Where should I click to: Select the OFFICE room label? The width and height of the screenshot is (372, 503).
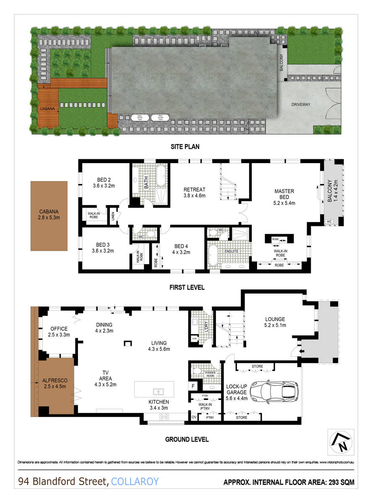(x=59, y=332)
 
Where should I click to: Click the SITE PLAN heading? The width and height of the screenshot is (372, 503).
(x=185, y=147)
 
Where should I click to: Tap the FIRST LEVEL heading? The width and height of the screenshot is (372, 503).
(x=187, y=288)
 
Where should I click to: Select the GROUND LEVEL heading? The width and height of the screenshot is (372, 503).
(x=187, y=439)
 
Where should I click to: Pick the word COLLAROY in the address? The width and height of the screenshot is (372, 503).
(x=135, y=482)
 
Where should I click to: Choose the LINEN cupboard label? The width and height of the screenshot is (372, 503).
(x=112, y=216)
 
